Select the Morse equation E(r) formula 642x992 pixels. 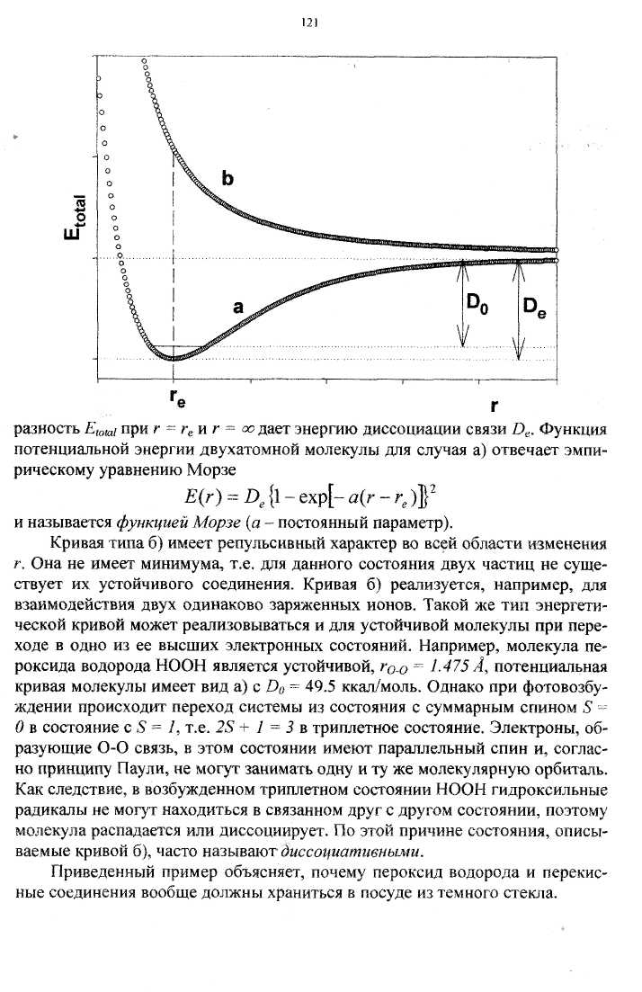[319, 496]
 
